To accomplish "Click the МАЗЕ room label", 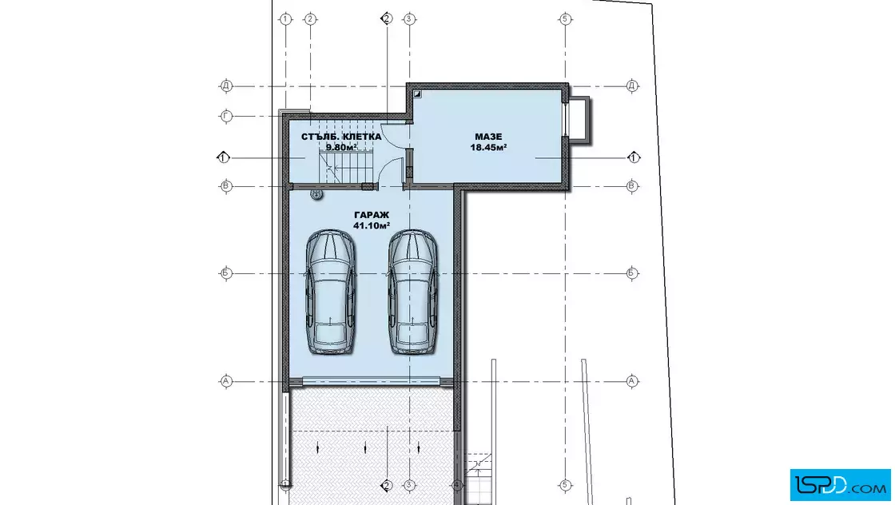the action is click(488, 137).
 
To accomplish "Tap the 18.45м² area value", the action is click(488, 147).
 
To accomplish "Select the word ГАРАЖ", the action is click(372, 215).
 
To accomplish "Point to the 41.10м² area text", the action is click(372, 225).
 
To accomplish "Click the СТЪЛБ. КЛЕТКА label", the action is click(341, 137).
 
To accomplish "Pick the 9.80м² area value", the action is click(341, 147).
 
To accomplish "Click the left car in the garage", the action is click(331, 292).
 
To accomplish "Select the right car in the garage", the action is click(413, 292).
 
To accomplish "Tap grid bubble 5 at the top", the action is click(565, 19).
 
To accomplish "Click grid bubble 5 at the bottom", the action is click(565, 486).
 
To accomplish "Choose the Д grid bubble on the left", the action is click(226, 86).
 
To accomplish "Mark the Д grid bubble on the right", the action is click(632, 86).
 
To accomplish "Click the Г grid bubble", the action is click(226, 117).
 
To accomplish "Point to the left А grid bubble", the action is click(226, 381).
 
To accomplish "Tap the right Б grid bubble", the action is click(632, 273).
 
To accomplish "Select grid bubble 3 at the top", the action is click(408, 19).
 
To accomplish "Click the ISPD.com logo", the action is click(840, 485).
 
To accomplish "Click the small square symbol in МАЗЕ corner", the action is click(417, 94).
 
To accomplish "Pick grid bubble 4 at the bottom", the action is click(456, 486).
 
